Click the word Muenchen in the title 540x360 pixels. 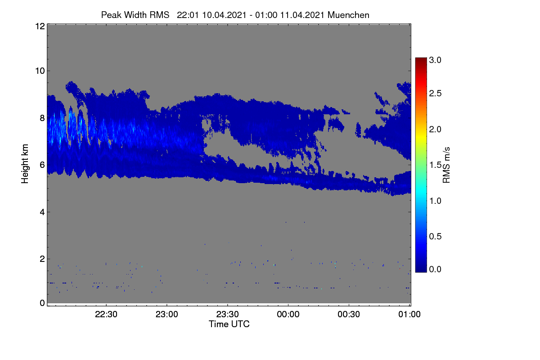348,15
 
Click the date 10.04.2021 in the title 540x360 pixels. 224,15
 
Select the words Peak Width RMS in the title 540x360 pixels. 135,15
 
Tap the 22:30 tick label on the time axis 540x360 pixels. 106,314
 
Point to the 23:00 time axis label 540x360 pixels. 167,314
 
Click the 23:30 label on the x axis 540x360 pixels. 227,314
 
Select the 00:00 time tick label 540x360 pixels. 288,314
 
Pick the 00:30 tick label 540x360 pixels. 349,314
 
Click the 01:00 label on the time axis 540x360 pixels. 409,314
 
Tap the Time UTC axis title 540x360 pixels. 229,324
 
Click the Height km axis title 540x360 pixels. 25,164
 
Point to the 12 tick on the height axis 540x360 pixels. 40,26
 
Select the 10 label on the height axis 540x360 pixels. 40,71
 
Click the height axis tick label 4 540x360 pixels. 42,212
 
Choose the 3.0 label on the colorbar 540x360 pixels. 435,60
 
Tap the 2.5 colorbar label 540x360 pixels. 435,93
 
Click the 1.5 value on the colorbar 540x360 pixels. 435,165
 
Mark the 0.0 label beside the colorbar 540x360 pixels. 435,269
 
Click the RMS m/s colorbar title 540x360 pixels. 446,165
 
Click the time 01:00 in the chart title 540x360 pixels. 266,15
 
